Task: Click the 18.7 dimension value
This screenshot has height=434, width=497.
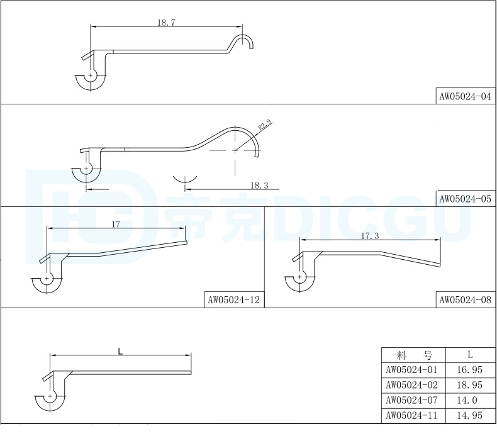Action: [x=166, y=22]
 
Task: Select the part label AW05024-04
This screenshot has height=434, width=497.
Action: [x=465, y=97]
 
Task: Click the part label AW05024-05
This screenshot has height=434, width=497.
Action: [x=465, y=199]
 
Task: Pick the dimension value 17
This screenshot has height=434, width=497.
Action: [x=116, y=224]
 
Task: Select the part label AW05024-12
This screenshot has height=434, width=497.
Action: [x=233, y=300]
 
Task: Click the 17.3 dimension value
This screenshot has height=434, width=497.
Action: [x=370, y=236]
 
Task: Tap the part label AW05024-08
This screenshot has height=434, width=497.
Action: [x=465, y=300]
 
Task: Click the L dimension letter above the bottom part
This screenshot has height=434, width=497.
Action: [x=120, y=351]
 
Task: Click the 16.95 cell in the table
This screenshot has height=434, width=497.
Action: [x=469, y=369]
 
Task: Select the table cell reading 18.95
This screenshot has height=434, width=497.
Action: [x=469, y=384]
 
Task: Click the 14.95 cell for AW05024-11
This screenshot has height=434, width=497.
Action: [x=469, y=416]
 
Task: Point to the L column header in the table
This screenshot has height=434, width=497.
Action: [x=469, y=354]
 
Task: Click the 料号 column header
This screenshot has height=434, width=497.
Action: [x=413, y=354]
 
